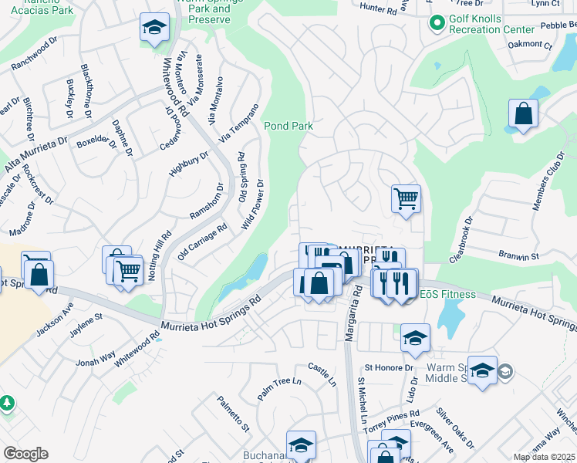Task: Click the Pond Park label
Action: point(288,125)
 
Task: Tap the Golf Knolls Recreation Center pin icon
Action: point(437,24)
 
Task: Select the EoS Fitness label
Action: point(447,293)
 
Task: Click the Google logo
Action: point(25,454)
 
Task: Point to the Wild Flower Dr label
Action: point(253,204)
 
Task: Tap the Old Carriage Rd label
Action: point(202,241)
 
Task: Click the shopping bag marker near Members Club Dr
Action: point(523,113)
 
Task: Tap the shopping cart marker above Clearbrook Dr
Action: point(406,198)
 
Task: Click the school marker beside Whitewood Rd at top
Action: point(154,28)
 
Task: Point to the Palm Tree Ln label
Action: point(278,388)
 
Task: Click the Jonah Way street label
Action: point(96,357)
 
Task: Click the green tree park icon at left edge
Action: point(6,404)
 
